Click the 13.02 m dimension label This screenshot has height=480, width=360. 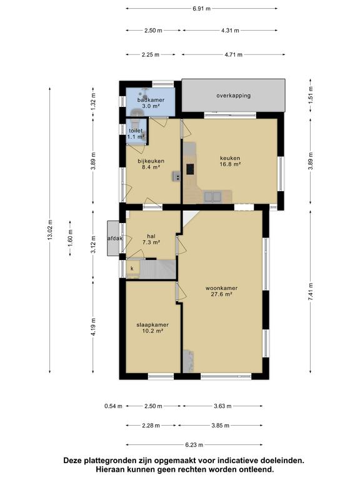point(50,229)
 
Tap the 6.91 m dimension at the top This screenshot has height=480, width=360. point(201,9)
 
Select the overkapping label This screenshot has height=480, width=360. point(233,96)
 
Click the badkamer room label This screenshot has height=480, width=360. point(151,100)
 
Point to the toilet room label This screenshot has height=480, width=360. point(136,131)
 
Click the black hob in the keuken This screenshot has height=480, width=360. point(190,169)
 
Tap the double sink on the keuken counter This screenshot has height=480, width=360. point(212,196)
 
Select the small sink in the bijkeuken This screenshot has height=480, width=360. point(177,176)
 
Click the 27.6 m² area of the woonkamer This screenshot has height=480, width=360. point(221,294)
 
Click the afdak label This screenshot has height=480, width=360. point(115,238)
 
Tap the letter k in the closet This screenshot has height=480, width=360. point(132,269)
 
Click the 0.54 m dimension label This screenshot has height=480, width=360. point(113,406)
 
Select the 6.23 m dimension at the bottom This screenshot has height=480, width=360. point(194,445)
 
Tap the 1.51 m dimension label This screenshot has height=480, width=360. point(311,95)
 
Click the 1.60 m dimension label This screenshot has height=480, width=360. point(70,238)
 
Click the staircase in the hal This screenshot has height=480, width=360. point(158,269)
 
